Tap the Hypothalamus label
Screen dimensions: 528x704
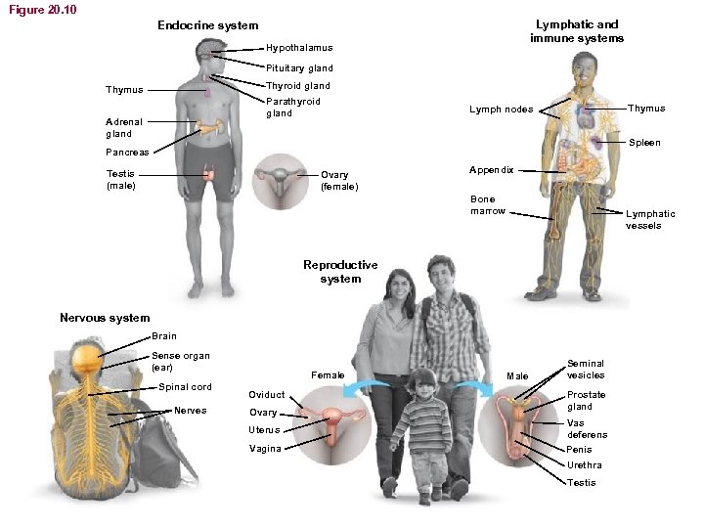(299, 48)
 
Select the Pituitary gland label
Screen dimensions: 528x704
(299, 68)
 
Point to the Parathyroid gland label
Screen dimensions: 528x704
(293, 107)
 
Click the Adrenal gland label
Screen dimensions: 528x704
(123, 127)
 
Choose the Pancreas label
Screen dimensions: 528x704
(127, 153)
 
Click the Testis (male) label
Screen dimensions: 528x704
(121, 179)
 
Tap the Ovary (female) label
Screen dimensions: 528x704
(339, 181)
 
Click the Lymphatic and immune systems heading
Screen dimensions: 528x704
(577, 31)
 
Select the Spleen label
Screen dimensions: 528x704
(644, 143)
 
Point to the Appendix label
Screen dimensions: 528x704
(491, 169)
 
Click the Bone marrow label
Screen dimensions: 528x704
(488, 205)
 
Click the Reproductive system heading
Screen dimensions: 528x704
(340, 272)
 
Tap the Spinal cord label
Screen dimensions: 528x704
(185, 387)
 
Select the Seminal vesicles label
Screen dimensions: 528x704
(586, 369)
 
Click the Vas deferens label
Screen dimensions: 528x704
(587, 428)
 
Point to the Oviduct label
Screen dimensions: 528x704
(267, 395)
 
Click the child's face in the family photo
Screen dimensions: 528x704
(423, 385)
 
